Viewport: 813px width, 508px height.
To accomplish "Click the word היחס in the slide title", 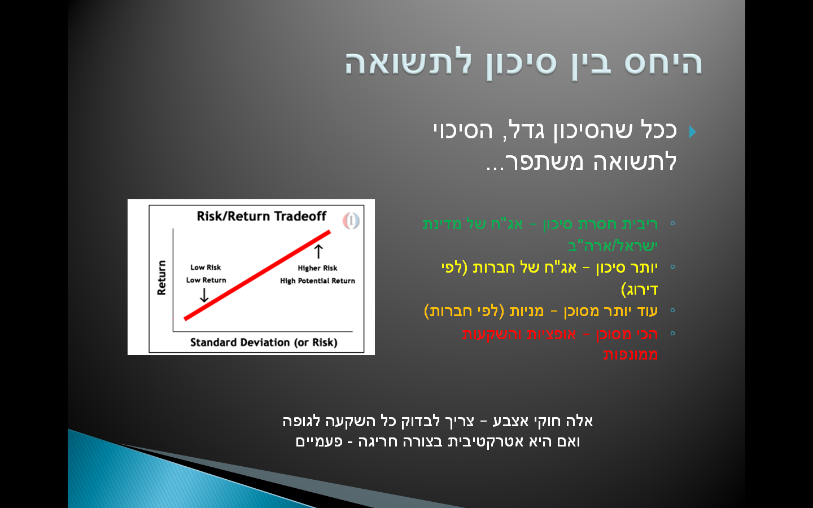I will [x=663, y=63].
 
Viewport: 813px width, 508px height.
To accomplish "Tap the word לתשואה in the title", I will [x=408, y=63].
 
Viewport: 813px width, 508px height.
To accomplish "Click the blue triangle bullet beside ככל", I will [x=693, y=132].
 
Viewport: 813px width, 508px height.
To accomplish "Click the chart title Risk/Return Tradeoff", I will [x=261, y=216].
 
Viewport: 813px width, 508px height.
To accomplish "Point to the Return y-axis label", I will [x=162, y=277].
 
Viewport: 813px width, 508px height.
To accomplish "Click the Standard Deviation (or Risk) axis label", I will [x=263, y=342].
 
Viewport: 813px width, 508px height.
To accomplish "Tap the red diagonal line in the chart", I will [x=257, y=275].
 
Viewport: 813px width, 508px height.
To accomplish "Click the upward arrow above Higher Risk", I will [x=318, y=251].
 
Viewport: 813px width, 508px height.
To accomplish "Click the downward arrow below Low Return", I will [x=204, y=295].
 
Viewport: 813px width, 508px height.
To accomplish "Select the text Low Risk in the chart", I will [x=206, y=268].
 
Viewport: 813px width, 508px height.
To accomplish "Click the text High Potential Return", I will [x=317, y=281].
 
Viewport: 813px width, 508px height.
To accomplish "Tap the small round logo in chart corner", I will [x=351, y=220].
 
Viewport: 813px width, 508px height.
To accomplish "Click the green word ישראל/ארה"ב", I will [x=613, y=246].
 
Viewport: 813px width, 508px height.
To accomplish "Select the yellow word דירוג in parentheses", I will [x=640, y=290].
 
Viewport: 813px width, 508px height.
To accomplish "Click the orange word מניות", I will [x=526, y=311].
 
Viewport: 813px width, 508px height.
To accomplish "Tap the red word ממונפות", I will [x=630, y=355].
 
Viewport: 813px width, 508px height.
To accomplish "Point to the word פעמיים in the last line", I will [x=319, y=441].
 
